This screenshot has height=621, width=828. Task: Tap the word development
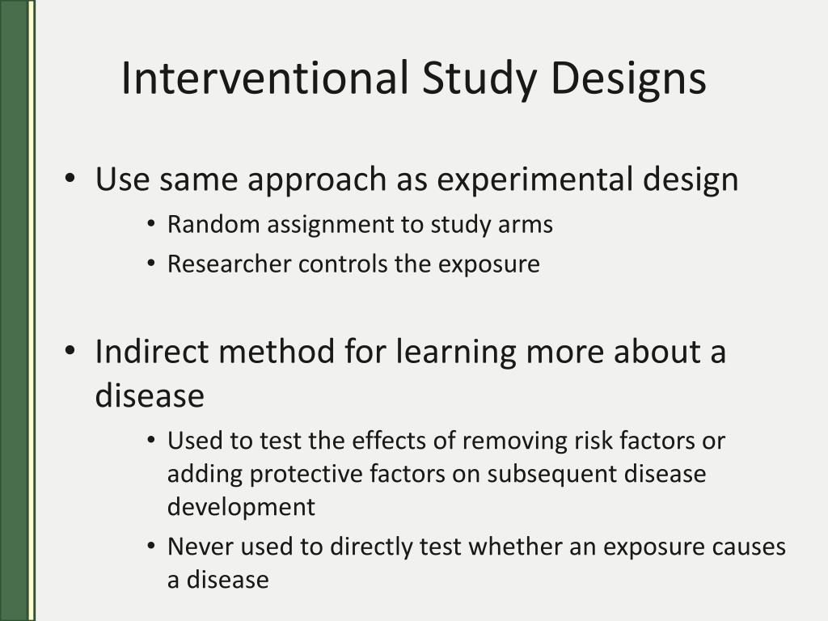tap(241, 508)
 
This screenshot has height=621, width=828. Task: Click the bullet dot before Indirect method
tap(71, 353)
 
